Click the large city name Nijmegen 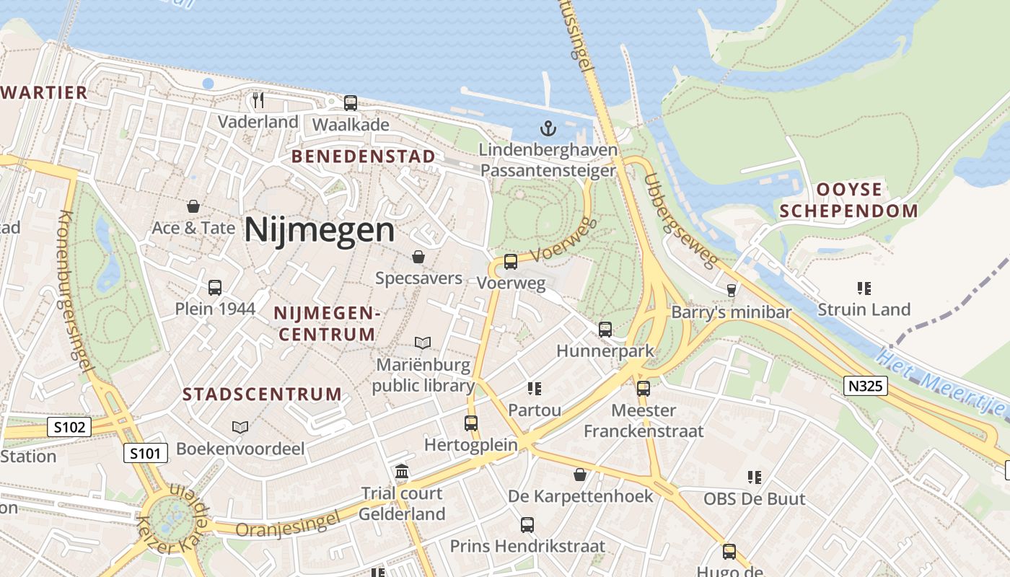pyautogui.click(x=319, y=231)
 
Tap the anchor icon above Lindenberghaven pyautogui.click(x=548, y=129)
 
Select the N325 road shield pyautogui.click(x=865, y=386)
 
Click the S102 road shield pyautogui.click(x=70, y=427)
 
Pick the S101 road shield pyautogui.click(x=146, y=454)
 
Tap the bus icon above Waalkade pyautogui.click(x=351, y=103)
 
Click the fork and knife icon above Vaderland pyautogui.click(x=258, y=100)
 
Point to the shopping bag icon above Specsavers pyautogui.click(x=418, y=257)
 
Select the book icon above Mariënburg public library pyautogui.click(x=423, y=343)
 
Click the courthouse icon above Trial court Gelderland pyautogui.click(x=402, y=472)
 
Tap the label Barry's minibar pyautogui.click(x=731, y=312)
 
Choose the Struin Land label pyautogui.click(x=864, y=309)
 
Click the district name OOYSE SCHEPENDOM pyautogui.click(x=848, y=201)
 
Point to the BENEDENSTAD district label pyautogui.click(x=364, y=157)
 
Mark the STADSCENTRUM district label pyautogui.click(x=262, y=394)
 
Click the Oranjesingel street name pyautogui.click(x=287, y=525)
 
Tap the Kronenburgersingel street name pyautogui.click(x=75, y=291)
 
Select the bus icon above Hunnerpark pyautogui.click(x=605, y=330)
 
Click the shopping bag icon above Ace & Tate pyautogui.click(x=193, y=207)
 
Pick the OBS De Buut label pyautogui.click(x=754, y=498)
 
